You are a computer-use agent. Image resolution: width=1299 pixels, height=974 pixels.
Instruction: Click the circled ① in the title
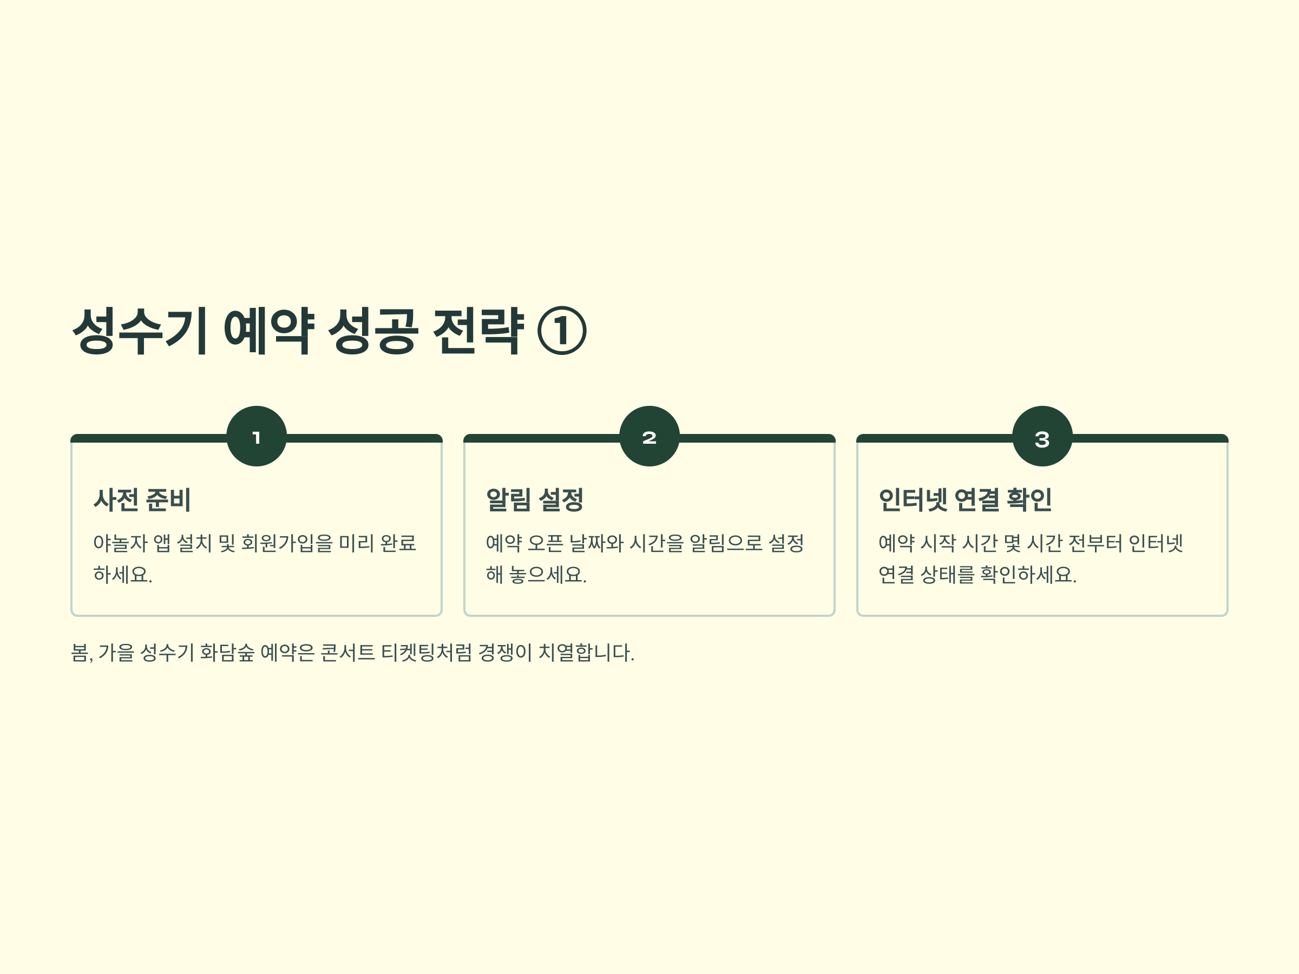click(x=561, y=331)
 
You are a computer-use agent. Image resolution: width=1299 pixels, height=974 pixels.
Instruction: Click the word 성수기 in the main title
click(x=139, y=331)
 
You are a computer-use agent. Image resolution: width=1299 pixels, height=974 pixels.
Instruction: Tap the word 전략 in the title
click(x=477, y=331)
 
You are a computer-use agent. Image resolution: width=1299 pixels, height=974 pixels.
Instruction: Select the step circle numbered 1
click(x=257, y=436)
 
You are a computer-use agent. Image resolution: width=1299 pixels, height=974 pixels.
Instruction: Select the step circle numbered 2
click(x=649, y=436)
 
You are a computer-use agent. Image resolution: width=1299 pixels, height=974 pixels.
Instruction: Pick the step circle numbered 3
click(x=1042, y=436)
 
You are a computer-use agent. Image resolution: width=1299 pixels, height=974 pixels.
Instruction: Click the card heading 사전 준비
click(x=142, y=500)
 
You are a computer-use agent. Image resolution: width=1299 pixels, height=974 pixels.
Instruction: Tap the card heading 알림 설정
click(x=534, y=500)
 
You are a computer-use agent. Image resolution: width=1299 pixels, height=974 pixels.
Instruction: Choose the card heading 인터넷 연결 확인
click(x=965, y=500)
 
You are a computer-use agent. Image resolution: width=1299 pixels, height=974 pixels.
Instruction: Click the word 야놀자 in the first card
click(x=120, y=543)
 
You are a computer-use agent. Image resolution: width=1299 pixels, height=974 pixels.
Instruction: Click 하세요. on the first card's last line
click(x=123, y=574)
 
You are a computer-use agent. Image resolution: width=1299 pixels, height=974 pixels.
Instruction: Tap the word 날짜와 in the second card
click(x=596, y=543)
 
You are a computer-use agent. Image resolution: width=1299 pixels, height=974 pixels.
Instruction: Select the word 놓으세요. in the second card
click(x=548, y=574)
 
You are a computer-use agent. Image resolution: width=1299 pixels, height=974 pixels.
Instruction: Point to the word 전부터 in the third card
click(x=1096, y=543)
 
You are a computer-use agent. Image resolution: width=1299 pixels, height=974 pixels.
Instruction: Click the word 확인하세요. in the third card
click(x=1028, y=574)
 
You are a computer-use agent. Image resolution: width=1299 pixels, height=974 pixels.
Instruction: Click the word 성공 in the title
click(x=373, y=331)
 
